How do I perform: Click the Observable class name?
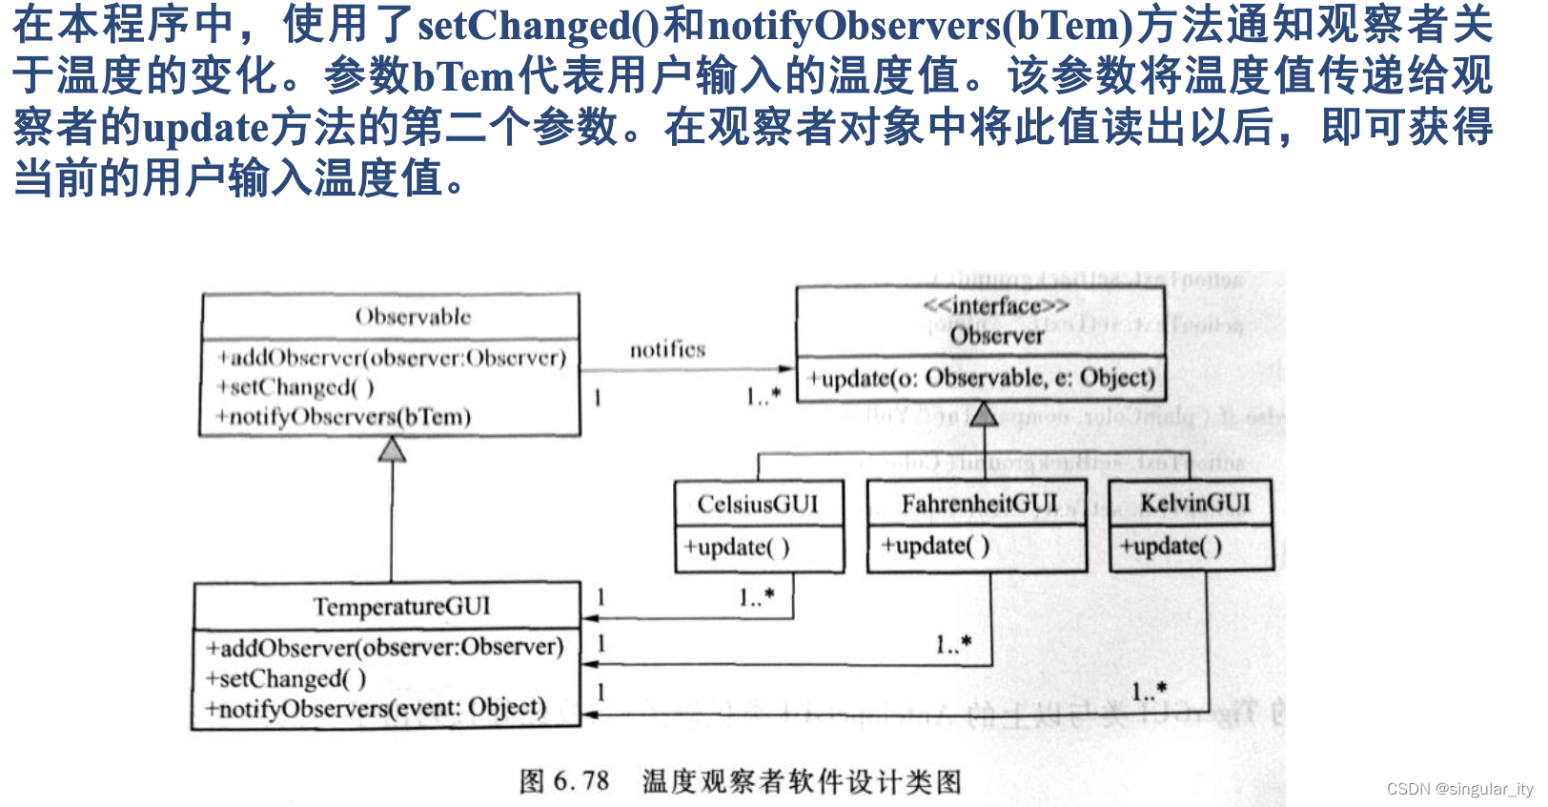(413, 317)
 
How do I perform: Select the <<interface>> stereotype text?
(996, 306)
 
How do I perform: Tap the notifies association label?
(667, 350)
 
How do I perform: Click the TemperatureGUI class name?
(401, 607)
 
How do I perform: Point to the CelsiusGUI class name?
(758, 505)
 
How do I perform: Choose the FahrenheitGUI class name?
(979, 504)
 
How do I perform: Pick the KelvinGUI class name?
(1194, 503)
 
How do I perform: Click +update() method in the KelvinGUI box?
(1171, 547)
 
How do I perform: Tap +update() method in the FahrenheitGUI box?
(935, 546)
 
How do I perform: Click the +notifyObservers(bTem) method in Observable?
(343, 417)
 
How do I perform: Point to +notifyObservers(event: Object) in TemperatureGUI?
(377, 709)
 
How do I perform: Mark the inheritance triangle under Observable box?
(392, 449)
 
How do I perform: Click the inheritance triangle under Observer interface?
(984, 414)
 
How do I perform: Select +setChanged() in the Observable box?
(295, 387)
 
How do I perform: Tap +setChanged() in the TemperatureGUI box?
(286, 678)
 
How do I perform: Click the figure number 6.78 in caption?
(580, 781)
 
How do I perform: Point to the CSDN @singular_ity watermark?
(1459, 789)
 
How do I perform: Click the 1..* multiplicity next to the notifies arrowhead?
(763, 396)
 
